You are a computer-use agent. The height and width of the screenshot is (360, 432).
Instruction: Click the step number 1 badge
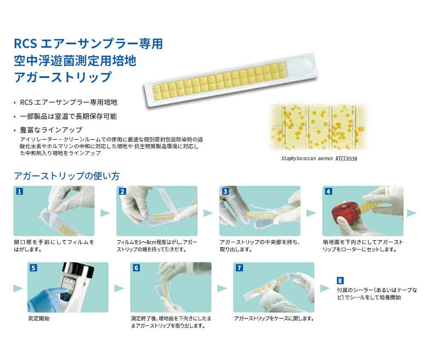19,191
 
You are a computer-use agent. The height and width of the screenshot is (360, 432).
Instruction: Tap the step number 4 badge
328,191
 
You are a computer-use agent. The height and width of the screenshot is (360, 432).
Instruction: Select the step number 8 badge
340,280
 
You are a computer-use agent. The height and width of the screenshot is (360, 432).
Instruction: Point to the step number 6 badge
136,268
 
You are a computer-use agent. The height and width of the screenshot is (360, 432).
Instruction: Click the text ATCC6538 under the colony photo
346,158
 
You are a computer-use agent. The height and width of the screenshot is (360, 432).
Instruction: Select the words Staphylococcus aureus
307,158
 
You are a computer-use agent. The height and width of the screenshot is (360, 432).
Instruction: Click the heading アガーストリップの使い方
67,176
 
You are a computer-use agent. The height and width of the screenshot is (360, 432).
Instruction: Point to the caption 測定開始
38,318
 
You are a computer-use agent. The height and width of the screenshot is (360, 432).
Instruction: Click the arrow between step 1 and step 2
105,213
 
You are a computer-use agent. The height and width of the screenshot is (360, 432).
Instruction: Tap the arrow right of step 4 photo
412,213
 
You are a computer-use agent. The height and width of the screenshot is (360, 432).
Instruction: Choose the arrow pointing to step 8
325,288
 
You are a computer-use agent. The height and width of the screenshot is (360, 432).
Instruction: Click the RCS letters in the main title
25,44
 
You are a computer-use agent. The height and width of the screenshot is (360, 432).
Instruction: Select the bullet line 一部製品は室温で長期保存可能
68,116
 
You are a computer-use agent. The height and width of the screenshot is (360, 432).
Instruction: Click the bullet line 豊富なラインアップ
51,130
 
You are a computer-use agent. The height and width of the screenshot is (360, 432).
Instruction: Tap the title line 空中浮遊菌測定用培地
75,60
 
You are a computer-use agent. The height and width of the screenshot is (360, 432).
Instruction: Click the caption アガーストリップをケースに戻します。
274,318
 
